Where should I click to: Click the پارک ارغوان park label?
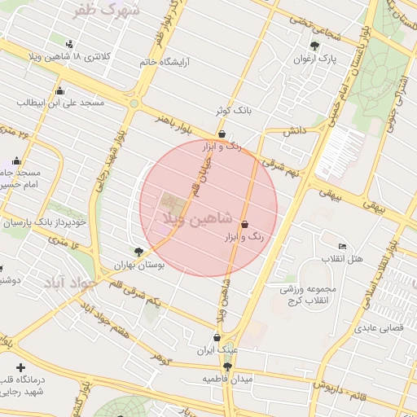click(315, 59)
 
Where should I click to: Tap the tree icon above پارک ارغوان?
click(315, 46)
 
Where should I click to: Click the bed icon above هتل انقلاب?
click(343, 246)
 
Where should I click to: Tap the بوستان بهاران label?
click(138, 266)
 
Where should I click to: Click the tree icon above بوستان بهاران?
click(138, 252)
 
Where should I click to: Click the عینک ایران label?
click(217, 350)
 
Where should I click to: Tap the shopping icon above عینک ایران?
click(217, 337)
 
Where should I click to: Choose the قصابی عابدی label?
click(375, 330)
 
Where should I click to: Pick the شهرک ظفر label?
click(107, 11)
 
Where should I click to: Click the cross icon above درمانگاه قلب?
click(20, 368)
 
